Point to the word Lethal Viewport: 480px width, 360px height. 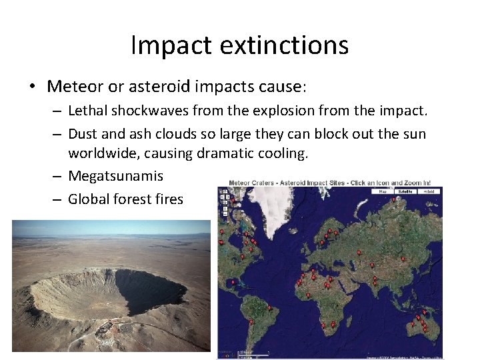pos(88,111)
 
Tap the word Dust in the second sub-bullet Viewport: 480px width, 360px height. pos(81,134)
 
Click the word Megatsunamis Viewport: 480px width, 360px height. pos(115,176)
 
